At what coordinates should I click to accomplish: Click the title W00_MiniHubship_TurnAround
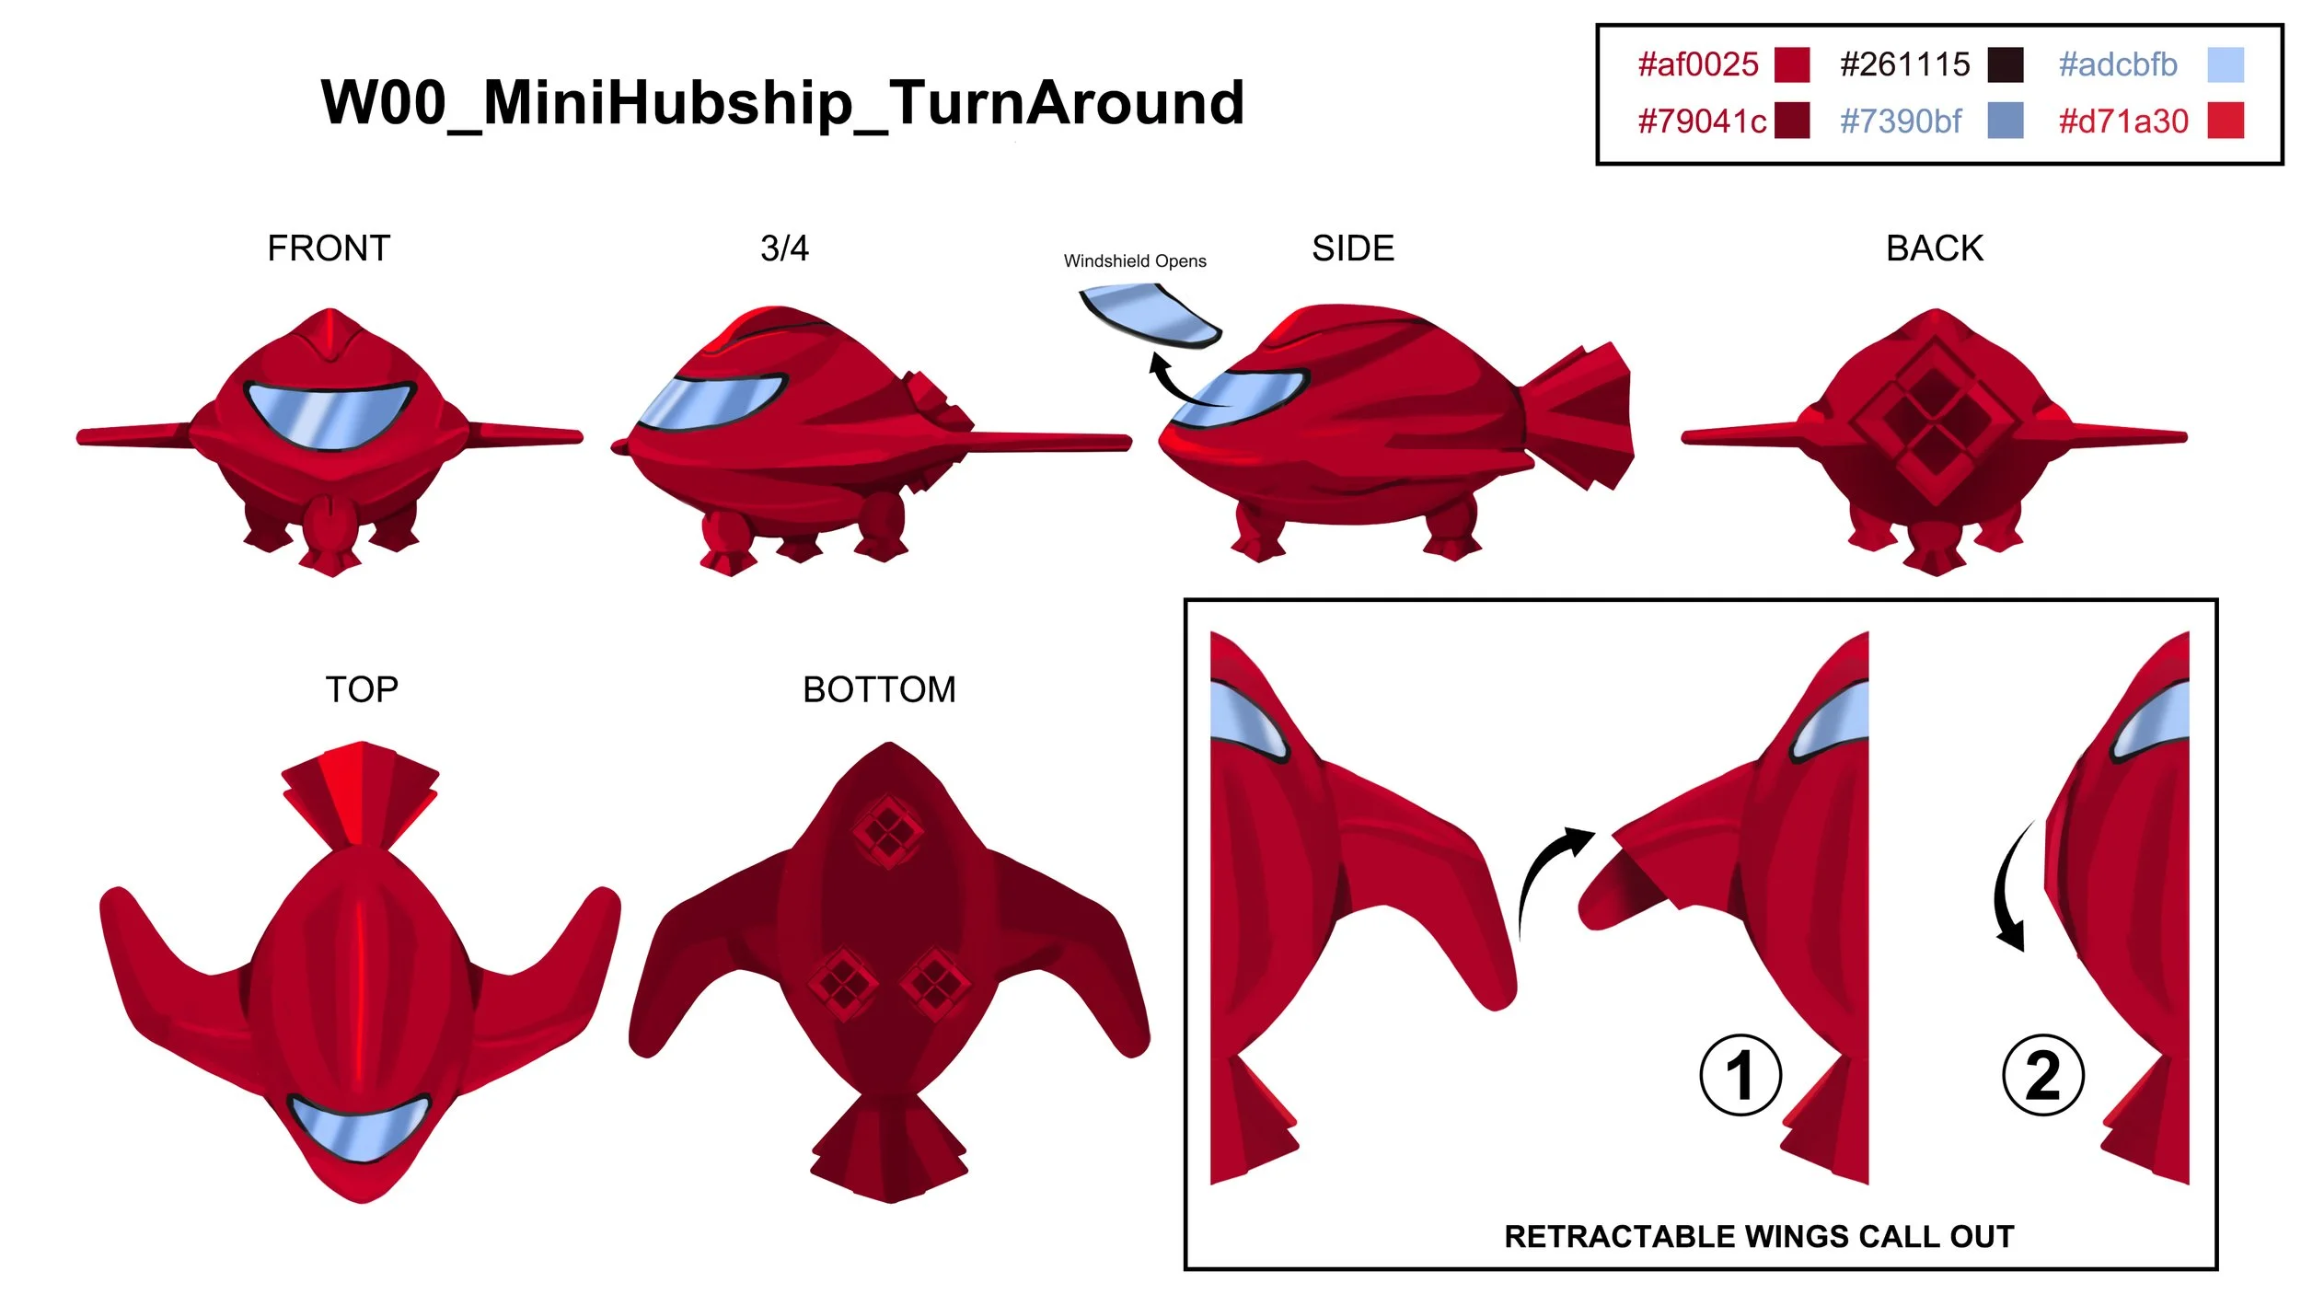[x=782, y=102]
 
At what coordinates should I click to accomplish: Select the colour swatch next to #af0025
[x=1791, y=64]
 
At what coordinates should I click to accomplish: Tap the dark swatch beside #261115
[x=2005, y=64]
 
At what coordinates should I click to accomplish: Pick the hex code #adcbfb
[x=2118, y=64]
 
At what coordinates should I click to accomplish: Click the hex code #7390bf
[x=1901, y=121]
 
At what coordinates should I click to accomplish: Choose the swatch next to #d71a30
[x=2226, y=121]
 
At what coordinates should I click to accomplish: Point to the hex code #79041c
[x=1702, y=121]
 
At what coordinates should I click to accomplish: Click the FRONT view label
[x=329, y=248]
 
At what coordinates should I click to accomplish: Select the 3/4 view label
[x=784, y=248]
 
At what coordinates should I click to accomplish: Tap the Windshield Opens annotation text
[x=1135, y=261]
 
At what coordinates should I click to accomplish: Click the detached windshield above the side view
[x=1150, y=315]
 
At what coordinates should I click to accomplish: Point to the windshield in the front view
[x=330, y=414]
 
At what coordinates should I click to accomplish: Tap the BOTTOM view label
[x=879, y=689]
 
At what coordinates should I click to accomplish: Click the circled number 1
[x=1740, y=1075]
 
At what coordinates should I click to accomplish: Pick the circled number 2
[x=2043, y=1075]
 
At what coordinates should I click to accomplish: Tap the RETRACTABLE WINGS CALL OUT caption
[x=1759, y=1236]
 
